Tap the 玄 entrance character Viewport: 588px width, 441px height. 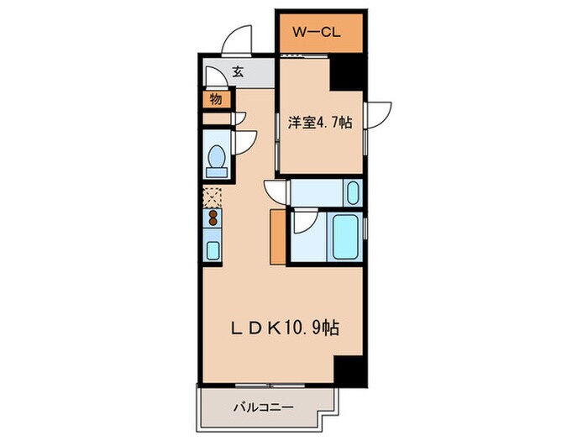point(238,73)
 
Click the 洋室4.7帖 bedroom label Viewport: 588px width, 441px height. point(320,123)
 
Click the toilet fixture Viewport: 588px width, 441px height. point(217,159)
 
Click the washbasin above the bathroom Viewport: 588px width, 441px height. point(353,194)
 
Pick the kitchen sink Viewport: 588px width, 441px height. point(213,249)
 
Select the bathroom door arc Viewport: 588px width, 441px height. point(304,222)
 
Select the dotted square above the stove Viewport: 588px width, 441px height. point(213,198)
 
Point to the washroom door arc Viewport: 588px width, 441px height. point(276,191)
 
